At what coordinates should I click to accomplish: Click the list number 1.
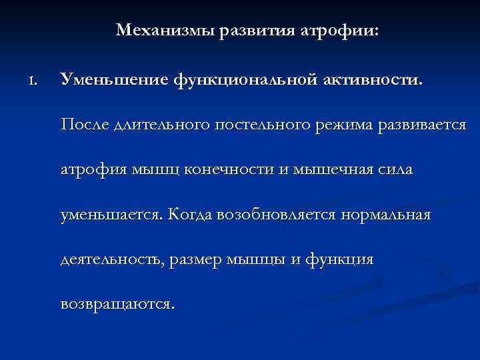(x=33, y=81)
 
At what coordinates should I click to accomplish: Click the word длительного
(x=164, y=125)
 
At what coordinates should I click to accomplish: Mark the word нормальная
(x=387, y=215)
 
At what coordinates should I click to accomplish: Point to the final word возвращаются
(x=117, y=305)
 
